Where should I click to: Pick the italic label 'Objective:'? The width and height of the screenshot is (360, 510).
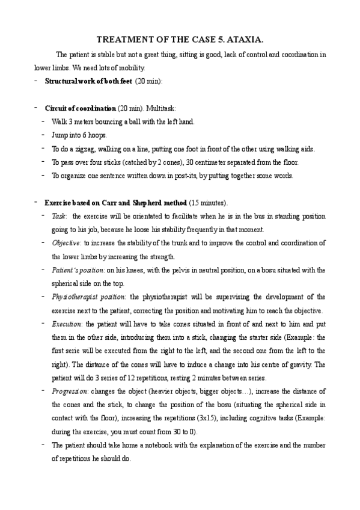pos(67,242)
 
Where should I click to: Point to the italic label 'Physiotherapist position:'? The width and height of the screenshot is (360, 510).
pos(89,296)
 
